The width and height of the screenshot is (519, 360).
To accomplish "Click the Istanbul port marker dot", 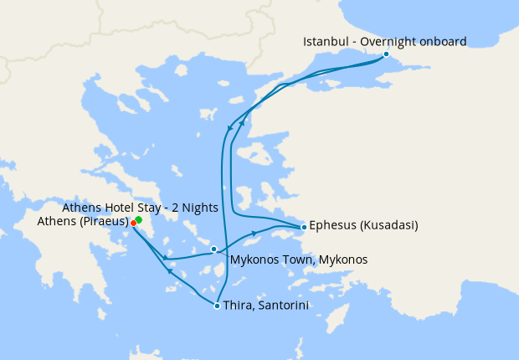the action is (386, 54).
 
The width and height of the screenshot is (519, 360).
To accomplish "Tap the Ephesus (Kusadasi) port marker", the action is (303, 227).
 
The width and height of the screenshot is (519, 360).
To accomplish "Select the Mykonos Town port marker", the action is (214, 249).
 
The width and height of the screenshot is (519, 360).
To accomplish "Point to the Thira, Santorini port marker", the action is (218, 306).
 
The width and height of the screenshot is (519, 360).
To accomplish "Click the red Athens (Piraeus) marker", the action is (133, 223).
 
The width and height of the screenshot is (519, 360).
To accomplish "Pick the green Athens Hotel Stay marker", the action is (138, 219).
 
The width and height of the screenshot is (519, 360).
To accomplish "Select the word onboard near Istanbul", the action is (444, 41).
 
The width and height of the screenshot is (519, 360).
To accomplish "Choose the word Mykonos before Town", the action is (253, 260).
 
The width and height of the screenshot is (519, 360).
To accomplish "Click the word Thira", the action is (239, 306).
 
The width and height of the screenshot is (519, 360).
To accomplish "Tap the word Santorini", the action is (283, 306).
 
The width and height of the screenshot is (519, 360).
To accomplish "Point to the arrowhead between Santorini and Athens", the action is (170, 271).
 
